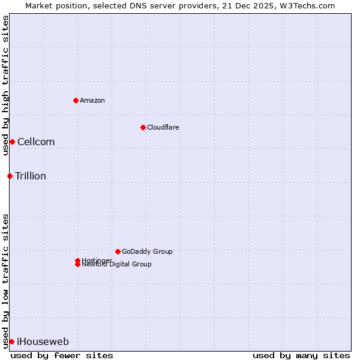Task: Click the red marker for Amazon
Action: (x=76, y=100)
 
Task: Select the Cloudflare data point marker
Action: (x=143, y=127)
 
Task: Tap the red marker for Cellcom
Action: (x=12, y=142)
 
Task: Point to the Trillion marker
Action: (x=10, y=176)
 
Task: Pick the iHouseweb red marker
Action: (x=11, y=341)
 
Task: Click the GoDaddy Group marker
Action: (x=118, y=251)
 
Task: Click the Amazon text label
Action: (x=92, y=100)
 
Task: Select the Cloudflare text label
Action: (x=163, y=127)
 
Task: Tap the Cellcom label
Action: (x=36, y=142)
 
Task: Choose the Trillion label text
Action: (x=31, y=176)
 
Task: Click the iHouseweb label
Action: (x=43, y=342)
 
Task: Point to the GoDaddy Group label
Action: (x=147, y=251)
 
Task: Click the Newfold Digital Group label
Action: (x=117, y=265)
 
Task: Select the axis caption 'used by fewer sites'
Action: (x=62, y=355)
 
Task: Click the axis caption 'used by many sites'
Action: (x=301, y=355)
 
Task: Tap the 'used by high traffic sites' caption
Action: (x=6, y=85)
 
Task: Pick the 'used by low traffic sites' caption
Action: (x=6, y=280)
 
